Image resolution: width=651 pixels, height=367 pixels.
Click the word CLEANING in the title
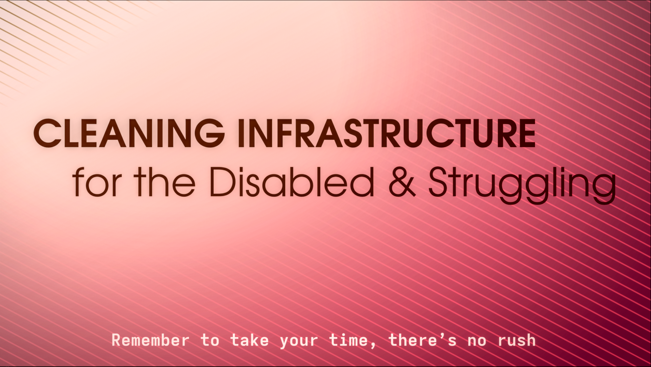pos(129,133)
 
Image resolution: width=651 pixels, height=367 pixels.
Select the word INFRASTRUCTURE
pos(387,133)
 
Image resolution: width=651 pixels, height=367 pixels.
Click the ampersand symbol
pos(402,182)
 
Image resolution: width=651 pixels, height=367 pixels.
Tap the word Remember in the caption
pos(150,340)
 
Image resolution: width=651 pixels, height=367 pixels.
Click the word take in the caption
pos(250,340)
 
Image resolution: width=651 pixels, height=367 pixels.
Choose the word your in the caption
pos(299,342)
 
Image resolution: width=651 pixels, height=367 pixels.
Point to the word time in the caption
pos(348,340)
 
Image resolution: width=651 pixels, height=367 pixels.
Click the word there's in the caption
pos(422,340)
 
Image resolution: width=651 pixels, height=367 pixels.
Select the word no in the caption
pos(477,341)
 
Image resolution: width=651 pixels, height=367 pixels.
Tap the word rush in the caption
pos(517,340)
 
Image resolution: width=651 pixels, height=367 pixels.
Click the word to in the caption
pos(210,340)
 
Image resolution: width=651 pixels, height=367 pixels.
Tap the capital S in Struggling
pos(439,182)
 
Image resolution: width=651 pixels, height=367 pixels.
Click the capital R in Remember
pos(116,340)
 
